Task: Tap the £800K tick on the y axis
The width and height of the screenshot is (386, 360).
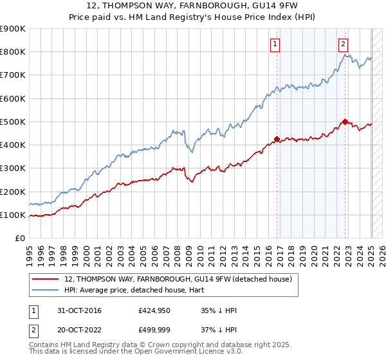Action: pos(13,52)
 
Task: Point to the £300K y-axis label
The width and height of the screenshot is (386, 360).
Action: pos(13,168)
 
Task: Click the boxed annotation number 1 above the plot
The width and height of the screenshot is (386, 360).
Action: pos(275,44)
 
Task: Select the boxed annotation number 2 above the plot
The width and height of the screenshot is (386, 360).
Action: pos(344,44)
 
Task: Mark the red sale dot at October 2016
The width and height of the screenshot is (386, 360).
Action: pos(277,139)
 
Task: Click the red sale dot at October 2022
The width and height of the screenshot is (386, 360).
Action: pos(345,121)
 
